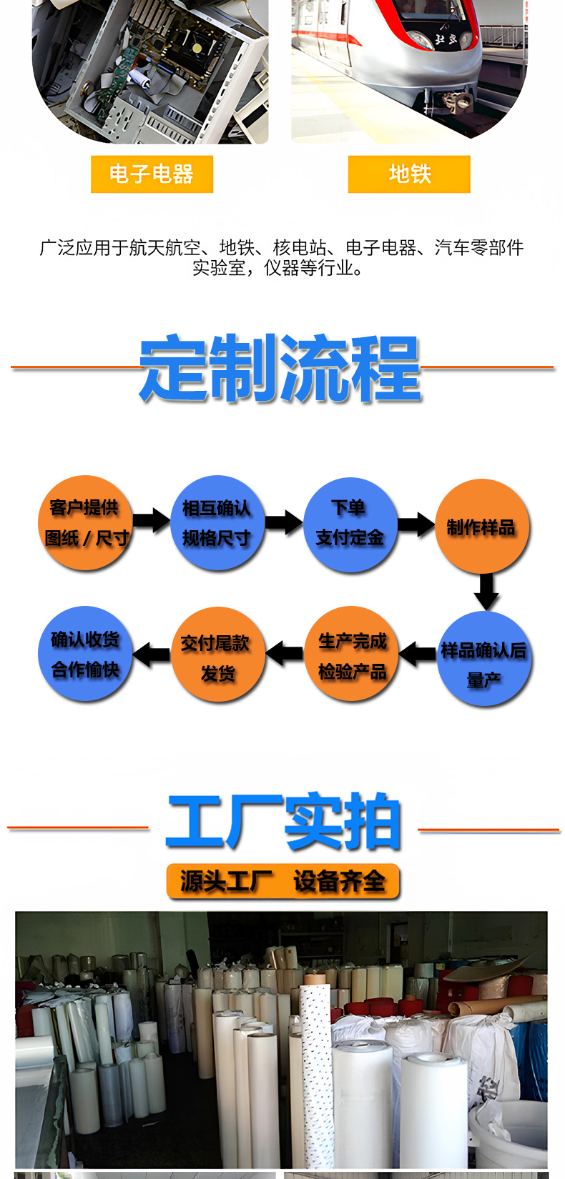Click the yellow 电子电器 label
(152, 174)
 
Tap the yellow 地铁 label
(409, 174)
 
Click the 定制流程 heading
(280, 368)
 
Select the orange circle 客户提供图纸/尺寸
(85, 522)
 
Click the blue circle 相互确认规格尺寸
(217, 522)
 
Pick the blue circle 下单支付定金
(350, 524)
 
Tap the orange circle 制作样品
(481, 527)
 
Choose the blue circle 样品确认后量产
(483, 660)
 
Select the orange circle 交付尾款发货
(217, 655)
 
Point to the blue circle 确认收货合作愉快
(85, 653)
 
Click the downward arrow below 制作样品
(486, 592)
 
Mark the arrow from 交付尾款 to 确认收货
(152, 653)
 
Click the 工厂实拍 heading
(283, 822)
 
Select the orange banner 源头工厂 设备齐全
(283, 882)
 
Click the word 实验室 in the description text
(219, 268)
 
